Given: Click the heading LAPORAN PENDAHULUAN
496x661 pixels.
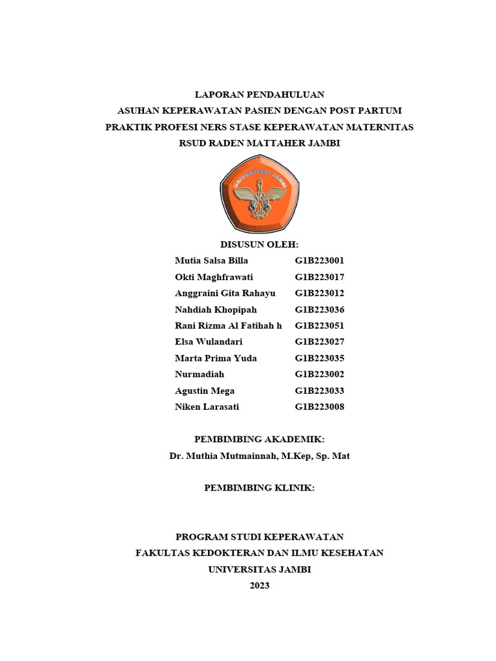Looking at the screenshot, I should pyautogui.click(x=259, y=94).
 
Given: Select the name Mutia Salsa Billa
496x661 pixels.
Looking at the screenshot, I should pyautogui.click(x=211, y=261).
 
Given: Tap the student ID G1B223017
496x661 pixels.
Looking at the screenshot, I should pyautogui.click(x=320, y=277).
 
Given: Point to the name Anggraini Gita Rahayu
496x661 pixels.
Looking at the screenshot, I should pyautogui.click(x=225, y=293).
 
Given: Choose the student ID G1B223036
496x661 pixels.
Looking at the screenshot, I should pyautogui.click(x=320, y=310).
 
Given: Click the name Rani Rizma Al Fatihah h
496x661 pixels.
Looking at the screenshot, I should pyautogui.click(x=228, y=326).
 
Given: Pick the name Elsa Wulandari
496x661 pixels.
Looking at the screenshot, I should pyautogui.click(x=209, y=342).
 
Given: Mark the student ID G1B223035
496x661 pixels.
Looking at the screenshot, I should pyautogui.click(x=320, y=358).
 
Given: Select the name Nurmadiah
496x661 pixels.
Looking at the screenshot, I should pyautogui.click(x=200, y=374).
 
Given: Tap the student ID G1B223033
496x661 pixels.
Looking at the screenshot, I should pyautogui.click(x=320, y=391).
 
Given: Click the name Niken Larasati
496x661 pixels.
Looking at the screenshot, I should pyautogui.click(x=207, y=407).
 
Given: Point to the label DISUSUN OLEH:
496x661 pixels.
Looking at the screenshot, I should pyautogui.click(x=259, y=245).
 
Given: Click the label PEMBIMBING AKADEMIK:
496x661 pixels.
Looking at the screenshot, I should pyautogui.click(x=259, y=440).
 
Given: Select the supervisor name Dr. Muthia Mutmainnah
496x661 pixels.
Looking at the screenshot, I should pyautogui.click(x=223, y=456).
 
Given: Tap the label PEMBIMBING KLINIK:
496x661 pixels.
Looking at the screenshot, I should pyautogui.click(x=259, y=488).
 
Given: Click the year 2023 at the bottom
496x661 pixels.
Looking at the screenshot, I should pyautogui.click(x=259, y=585).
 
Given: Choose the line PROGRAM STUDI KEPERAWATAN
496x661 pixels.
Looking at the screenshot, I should pyautogui.click(x=259, y=537).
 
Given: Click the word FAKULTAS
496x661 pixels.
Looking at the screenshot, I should pyautogui.click(x=160, y=553).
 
